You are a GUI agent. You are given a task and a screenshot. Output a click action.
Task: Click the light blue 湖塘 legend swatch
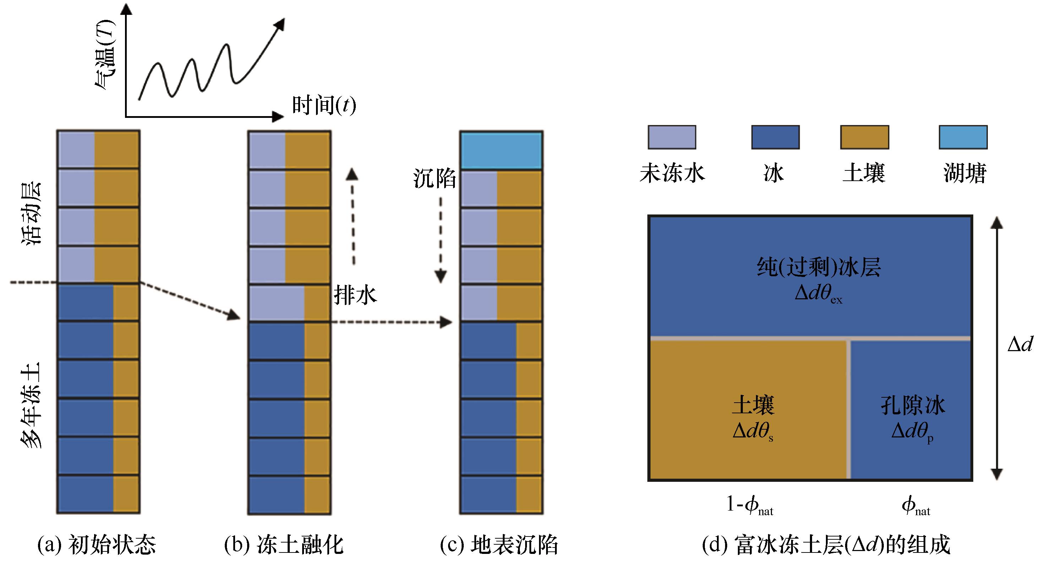[x=963, y=137]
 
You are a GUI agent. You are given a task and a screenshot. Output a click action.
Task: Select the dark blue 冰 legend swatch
[x=775, y=137]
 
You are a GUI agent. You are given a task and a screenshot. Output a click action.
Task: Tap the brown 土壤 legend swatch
[x=865, y=137]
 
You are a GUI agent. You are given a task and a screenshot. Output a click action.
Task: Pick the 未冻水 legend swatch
[x=672, y=137]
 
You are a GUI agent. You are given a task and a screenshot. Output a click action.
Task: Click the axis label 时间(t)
[x=324, y=105]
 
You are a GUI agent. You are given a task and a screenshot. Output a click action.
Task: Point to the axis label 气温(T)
[x=105, y=54]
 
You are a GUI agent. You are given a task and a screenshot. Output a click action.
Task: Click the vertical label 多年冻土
[x=32, y=405]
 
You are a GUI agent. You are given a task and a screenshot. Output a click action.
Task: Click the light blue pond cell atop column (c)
[x=501, y=150]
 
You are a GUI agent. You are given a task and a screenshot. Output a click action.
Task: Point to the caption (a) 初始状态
[x=97, y=544]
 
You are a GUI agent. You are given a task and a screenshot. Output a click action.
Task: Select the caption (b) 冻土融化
[x=284, y=544]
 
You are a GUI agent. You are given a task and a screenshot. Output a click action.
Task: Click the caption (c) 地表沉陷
[x=499, y=544]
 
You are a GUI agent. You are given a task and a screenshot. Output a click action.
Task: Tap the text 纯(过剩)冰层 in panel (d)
[x=819, y=267]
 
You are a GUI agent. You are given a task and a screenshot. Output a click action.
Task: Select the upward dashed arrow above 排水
[x=353, y=217]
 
